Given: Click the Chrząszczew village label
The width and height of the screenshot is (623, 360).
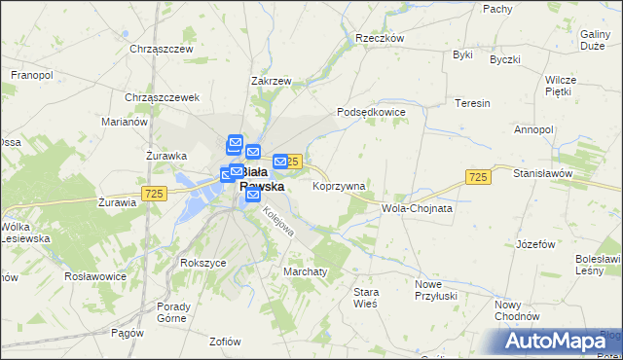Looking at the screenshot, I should point(162,48).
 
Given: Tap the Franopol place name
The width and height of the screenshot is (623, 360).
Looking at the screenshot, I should point(31,74).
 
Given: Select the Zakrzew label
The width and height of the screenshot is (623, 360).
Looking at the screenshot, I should point(271,82).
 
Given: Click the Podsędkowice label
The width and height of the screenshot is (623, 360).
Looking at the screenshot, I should point(371,113).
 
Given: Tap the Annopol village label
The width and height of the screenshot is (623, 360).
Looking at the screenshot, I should point(533,129).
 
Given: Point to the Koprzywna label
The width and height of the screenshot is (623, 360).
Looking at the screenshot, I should point(339,186).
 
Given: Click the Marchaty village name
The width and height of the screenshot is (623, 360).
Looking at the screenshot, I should point(305,271).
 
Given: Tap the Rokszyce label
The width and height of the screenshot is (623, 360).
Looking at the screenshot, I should point(202,263).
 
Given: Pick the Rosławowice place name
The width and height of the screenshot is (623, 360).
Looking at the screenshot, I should point(94,276).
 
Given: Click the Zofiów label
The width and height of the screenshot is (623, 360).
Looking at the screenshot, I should point(225,342).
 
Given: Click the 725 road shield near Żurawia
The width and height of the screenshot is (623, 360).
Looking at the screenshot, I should point(152,195).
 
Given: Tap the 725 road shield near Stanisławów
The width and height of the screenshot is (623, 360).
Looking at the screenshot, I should point(477,177).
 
